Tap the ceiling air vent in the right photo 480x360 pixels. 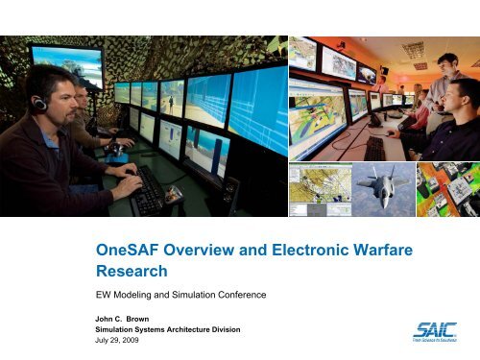tap(414, 49)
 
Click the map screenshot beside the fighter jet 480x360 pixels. tap(318, 188)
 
